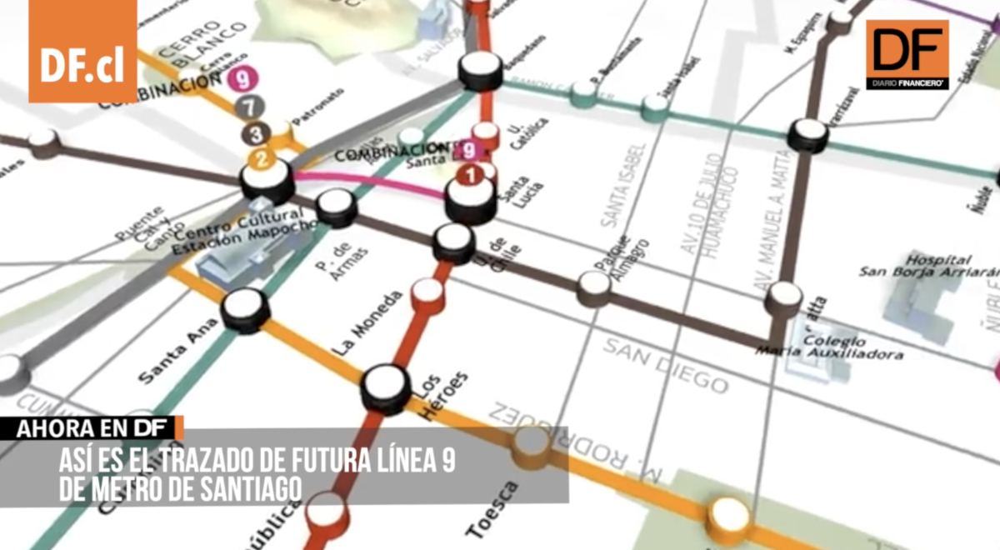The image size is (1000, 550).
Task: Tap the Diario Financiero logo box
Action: point(907,54)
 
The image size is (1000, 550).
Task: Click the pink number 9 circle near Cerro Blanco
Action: point(242,80)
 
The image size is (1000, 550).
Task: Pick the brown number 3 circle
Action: point(257,132)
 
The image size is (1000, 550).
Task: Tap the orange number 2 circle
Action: point(262,157)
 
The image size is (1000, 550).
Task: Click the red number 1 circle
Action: point(471,176)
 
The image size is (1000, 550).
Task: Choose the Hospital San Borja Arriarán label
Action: point(927,267)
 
